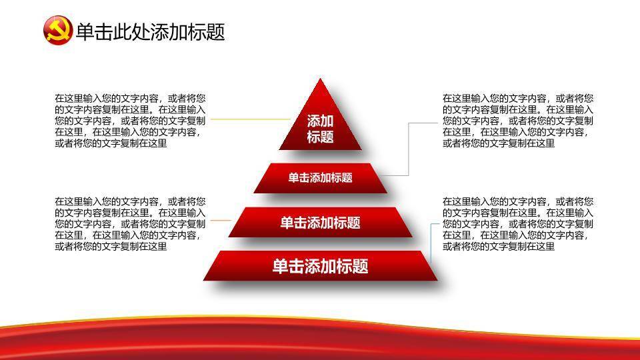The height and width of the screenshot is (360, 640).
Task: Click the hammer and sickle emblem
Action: coord(57,30)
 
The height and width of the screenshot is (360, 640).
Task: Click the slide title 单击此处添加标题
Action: coord(150,31)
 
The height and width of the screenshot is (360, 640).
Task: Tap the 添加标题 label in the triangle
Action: coord(320,129)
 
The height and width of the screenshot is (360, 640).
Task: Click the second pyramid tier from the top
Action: coord(321,178)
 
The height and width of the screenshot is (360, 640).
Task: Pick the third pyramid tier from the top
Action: coord(321,222)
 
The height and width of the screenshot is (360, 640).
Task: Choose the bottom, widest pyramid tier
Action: coord(321,266)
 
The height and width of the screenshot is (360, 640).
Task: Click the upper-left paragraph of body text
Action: coord(130,121)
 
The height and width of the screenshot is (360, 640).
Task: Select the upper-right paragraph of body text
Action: coord(518,121)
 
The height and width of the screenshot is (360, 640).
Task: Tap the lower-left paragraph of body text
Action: coord(130,224)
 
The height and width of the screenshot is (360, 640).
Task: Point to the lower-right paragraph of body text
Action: coord(518,224)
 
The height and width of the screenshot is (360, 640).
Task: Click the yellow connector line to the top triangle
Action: coord(250,119)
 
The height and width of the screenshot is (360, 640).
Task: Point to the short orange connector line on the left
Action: coord(221,221)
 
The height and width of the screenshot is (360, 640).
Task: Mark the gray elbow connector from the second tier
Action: coord(409,149)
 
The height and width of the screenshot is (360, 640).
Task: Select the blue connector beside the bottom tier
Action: coord(431,243)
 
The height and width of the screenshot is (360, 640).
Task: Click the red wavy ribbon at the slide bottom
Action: coord(320,339)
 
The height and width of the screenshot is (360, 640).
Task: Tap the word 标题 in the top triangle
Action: coord(321,137)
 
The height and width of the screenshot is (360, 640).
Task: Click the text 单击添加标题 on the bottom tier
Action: coord(321,266)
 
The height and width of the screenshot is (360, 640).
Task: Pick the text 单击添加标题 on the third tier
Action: coord(321,223)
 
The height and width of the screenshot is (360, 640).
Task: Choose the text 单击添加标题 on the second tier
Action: coord(321,178)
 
